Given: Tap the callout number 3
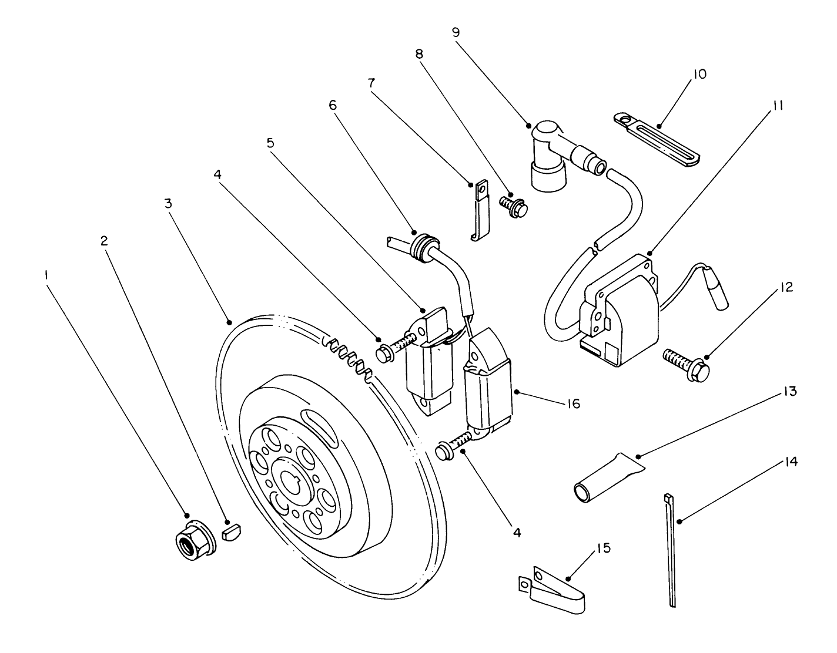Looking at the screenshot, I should [168, 204].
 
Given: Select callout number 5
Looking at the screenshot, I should [270, 143].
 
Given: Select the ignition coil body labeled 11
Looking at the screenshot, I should [623, 311].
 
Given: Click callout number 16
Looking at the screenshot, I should [571, 403].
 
